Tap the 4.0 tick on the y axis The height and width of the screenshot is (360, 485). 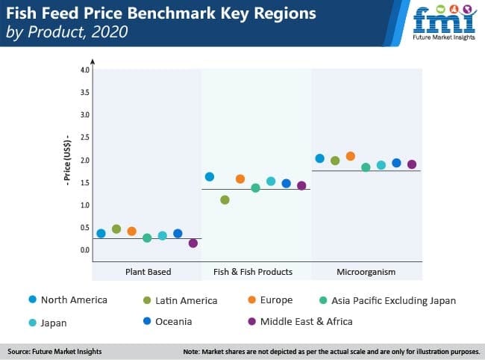pyautogui.click(x=84, y=69)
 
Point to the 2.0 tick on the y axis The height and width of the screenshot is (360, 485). pyautogui.click(x=84, y=160)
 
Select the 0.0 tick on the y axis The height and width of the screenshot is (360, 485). pyautogui.click(x=84, y=250)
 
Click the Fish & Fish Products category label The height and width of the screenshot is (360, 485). pyautogui.click(x=253, y=272)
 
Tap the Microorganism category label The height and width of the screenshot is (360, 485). pyautogui.click(x=366, y=272)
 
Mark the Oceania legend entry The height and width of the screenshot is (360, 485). pyautogui.click(x=171, y=321)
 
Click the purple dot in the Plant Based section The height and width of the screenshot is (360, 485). pyautogui.click(x=193, y=243)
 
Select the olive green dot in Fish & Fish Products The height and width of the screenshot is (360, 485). pyautogui.click(x=225, y=199)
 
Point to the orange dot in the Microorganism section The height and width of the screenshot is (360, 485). pyautogui.click(x=351, y=156)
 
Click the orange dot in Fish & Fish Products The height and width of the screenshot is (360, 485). pyautogui.click(x=240, y=179)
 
